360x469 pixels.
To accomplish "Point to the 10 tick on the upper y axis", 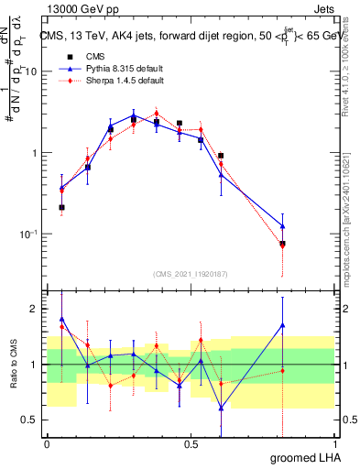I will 33,71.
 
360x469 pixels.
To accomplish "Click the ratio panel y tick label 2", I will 35,309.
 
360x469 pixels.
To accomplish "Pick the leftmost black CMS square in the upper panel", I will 61,208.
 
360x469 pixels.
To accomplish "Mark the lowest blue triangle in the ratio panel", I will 221,408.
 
